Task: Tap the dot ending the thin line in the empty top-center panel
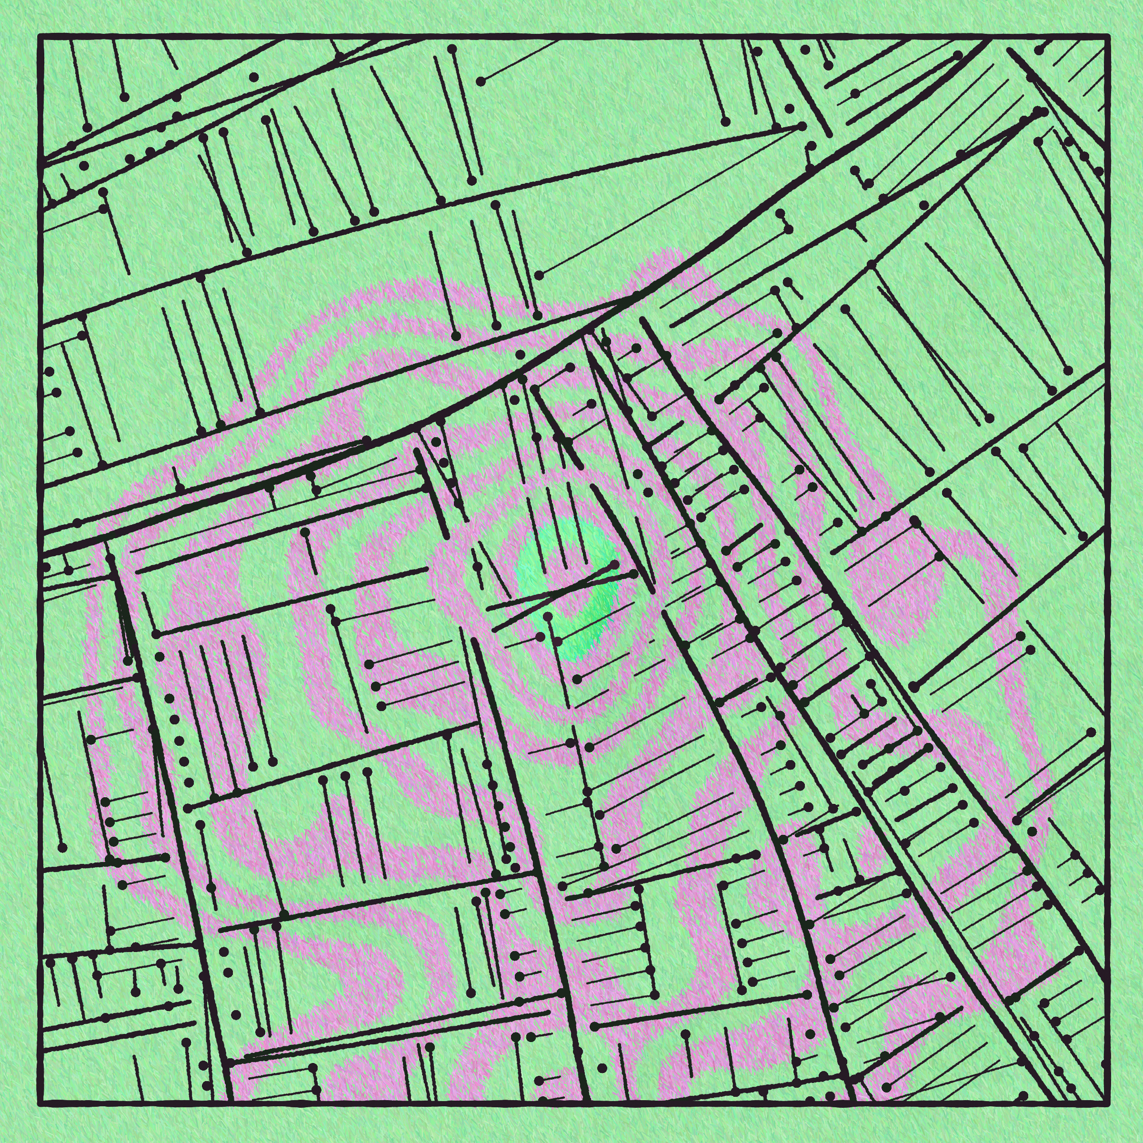(x=481, y=81)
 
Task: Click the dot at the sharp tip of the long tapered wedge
(x=802, y=126)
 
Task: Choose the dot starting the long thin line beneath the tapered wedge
(x=539, y=275)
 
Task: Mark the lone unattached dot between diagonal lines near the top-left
(x=254, y=77)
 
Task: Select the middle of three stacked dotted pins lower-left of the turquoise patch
(x=375, y=686)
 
